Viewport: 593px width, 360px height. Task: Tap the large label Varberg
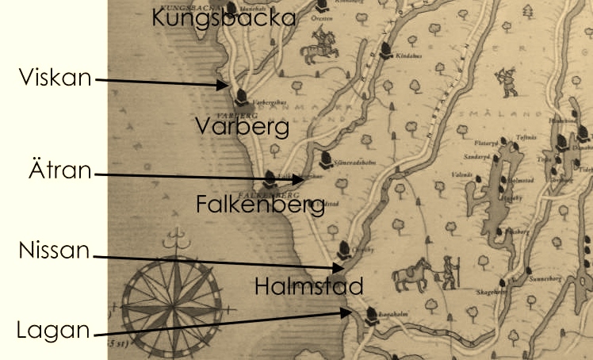click(243, 126)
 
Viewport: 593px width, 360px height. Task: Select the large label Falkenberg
click(260, 206)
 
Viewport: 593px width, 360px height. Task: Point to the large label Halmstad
click(309, 285)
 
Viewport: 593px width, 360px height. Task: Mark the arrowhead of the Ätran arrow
click(305, 181)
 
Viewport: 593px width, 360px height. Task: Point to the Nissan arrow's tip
click(343, 270)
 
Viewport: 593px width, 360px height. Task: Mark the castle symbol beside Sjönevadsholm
click(324, 159)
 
